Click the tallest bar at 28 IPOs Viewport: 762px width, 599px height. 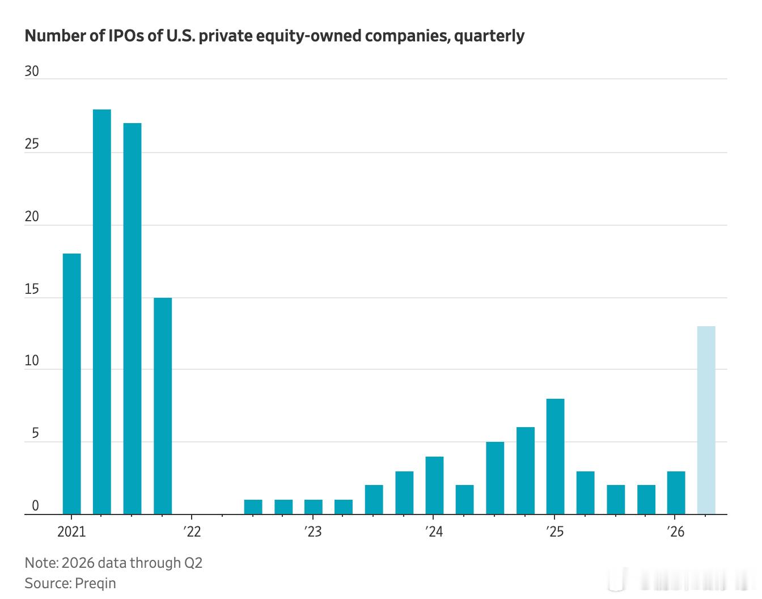point(101,312)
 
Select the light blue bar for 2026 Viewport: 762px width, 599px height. point(706,420)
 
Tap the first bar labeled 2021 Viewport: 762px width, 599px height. point(71,384)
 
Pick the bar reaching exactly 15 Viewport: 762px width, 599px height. point(163,406)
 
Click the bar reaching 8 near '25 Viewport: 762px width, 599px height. point(556,457)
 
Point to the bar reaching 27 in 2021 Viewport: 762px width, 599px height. point(132,319)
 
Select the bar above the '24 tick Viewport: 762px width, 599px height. point(434,486)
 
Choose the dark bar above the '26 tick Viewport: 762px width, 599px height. point(676,493)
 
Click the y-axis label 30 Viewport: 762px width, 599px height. point(32,71)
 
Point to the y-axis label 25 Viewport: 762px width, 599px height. point(32,144)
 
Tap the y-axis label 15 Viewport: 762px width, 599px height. point(32,289)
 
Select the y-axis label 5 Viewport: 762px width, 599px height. point(35,433)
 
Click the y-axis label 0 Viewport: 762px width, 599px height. point(35,506)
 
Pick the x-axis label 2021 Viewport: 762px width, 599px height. point(71,532)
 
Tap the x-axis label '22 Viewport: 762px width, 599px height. point(192,532)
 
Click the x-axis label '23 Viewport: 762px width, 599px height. point(313,532)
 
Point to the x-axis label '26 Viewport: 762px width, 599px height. point(675,532)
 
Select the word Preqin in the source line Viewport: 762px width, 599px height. point(95,583)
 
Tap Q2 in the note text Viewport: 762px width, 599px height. point(193,563)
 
